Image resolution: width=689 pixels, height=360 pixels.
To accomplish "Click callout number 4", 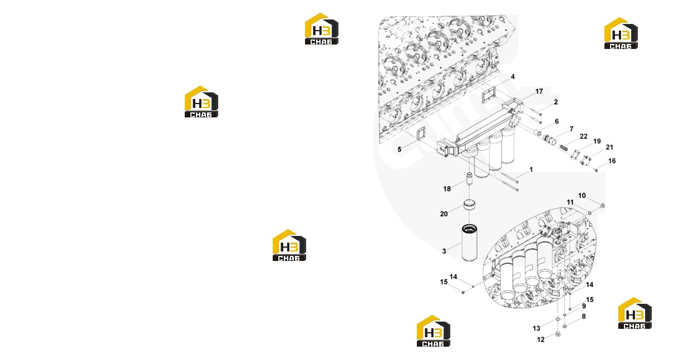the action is (x=513, y=77).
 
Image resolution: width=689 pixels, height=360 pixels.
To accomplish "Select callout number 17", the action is (x=539, y=91).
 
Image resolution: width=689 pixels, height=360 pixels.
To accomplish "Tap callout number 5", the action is (x=399, y=150).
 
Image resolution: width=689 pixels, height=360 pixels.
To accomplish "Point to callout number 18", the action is (x=447, y=189).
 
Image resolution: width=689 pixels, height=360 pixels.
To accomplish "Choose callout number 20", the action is (x=444, y=214).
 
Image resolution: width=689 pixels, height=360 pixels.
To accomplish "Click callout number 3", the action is (x=444, y=251).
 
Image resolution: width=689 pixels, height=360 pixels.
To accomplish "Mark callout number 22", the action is (x=583, y=136).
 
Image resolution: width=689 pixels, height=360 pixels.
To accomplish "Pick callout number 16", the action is (x=612, y=161).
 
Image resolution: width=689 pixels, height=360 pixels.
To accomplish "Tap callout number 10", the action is (x=582, y=195).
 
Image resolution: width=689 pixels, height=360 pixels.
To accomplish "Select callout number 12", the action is (x=541, y=339).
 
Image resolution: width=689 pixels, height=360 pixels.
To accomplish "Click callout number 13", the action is (x=537, y=328).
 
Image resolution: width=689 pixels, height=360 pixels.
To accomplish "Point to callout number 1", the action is (x=531, y=169).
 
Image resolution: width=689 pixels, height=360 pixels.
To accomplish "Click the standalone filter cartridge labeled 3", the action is (x=469, y=243).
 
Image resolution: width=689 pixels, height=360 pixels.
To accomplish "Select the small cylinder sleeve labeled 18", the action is (x=469, y=179).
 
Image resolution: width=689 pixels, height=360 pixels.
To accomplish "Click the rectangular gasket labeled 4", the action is (x=489, y=95).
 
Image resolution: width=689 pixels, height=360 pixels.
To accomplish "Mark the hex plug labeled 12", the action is (x=558, y=334).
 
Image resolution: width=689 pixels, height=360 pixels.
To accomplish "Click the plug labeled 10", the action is (x=603, y=205).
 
